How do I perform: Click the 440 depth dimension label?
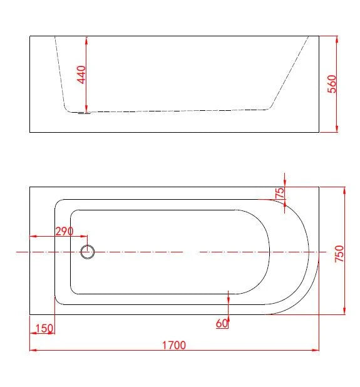81,75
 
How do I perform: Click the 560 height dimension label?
332,84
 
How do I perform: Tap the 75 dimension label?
280,193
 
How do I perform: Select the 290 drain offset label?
64,232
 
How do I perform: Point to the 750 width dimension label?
339,254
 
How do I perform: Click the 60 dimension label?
222,323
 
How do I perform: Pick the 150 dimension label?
44,329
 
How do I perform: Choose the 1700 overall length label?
174,345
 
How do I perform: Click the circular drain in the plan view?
88,252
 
